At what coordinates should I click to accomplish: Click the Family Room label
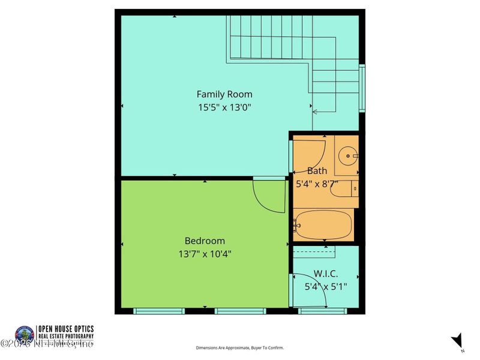tap(224, 94)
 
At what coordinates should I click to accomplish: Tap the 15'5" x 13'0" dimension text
tap(224, 108)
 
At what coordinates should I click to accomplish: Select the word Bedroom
tap(205, 241)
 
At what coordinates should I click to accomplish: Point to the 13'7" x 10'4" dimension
tap(205, 254)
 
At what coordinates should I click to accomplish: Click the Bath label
tap(317, 171)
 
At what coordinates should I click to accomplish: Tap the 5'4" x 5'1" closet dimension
tap(326, 286)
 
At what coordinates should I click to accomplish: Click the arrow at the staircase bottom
tap(316, 111)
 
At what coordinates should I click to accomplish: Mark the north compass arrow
tap(457, 340)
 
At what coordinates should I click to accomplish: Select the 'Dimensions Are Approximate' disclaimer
tap(240, 347)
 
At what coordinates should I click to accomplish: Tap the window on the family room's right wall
tap(362, 88)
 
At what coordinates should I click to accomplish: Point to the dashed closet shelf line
tap(313, 251)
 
